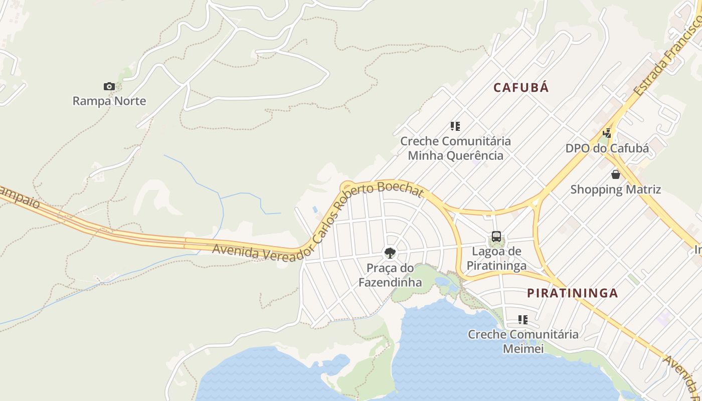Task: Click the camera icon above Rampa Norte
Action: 109,86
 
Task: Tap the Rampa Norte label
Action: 109,101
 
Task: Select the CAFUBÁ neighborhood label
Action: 521,88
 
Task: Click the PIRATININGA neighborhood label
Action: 572,293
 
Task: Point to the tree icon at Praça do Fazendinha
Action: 390,253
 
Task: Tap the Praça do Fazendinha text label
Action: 390,275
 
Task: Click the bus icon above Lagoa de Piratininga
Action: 496,237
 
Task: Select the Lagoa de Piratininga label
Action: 496,258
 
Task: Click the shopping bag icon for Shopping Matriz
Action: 615,174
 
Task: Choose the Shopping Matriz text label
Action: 615,189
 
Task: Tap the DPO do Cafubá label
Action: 607,148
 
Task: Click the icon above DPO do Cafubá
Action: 607,133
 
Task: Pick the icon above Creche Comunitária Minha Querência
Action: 455,126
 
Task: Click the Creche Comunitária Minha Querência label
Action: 455,148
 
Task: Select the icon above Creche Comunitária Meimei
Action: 523,319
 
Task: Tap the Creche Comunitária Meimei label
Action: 523,341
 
